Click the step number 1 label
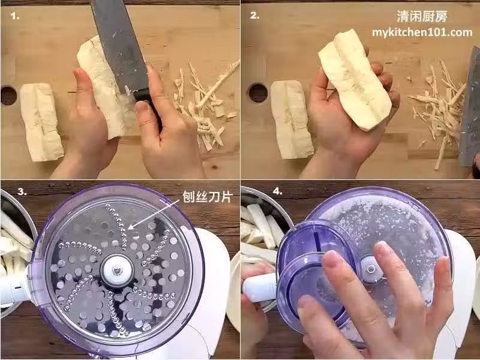coord(14,16)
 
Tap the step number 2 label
coord(254,16)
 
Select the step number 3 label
coord(22,191)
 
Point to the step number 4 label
coord(277,191)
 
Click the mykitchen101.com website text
coord(422,32)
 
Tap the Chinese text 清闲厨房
coord(422,17)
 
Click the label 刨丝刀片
coord(208,197)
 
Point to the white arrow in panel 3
coord(154,214)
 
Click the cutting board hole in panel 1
coord(8,96)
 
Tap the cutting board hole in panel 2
coord(258,93)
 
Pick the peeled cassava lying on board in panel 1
coord(41,122)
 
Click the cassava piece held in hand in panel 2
coord(355,80)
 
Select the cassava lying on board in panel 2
coord(291,119)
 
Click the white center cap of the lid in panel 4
coord(371,269)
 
